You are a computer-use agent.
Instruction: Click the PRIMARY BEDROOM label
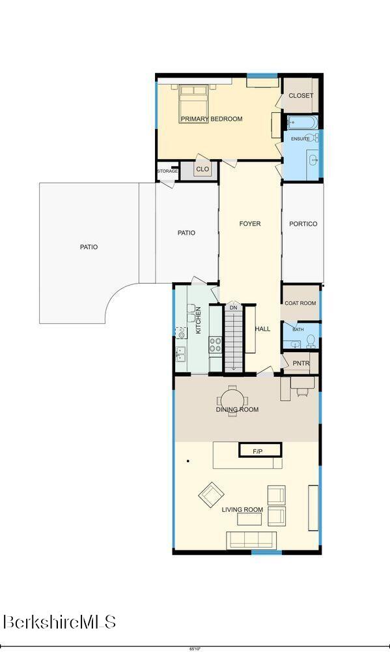pyautogui.click(x=212, y=119)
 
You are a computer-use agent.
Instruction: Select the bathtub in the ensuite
pyautogui.click(x=302, y=123)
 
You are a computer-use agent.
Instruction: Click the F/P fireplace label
pyautogui.click(x=258, y=451)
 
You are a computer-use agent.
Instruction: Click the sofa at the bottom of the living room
pyautogui.click(x=251, y=539)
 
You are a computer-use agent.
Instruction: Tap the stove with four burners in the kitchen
pyautogui.click(x=215, y=345)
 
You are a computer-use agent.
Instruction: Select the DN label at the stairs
pyautogui.click(x=234, y=308)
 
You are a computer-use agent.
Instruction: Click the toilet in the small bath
pyautogui.click(x=311, y=342)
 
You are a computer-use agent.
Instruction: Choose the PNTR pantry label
pyautogui.click(x=301, y=363)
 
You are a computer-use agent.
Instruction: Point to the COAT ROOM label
pyautogui.click(x=300, y=303)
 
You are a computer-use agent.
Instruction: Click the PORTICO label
pyautogui.click(x=303, y=224)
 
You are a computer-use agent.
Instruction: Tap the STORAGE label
pyautogui.click(x=167, y=171)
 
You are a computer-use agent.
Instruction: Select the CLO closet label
pyautogui.click(x=202, y=170)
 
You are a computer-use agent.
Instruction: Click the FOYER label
pyautogui.click(x=250, y=224)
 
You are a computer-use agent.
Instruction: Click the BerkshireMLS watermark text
pyautogui.click(x=59, y=622)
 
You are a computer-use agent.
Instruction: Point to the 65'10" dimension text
pyautogui.click(x=195, y=649)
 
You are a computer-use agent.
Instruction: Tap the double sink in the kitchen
pyautogui.click(x=180, y=354)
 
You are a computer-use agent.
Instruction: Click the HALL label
pyautogui.click(x=262, y=329)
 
